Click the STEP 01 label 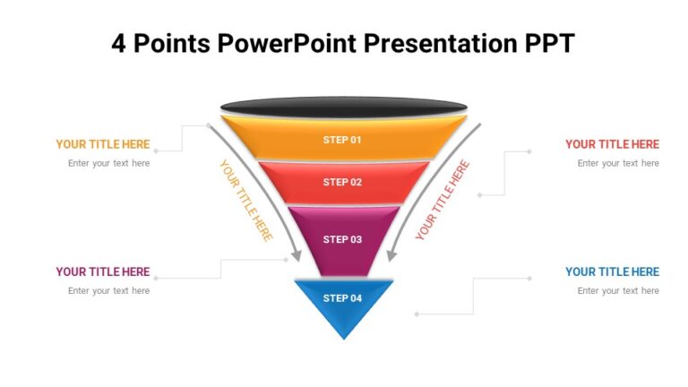pos(342,140)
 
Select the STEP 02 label pos(342,182)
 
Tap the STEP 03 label pos(342,239)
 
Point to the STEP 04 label pos(342,298)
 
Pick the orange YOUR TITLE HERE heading pos(103,144)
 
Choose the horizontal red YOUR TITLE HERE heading pos(612,144)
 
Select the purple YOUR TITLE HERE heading pos(103,272)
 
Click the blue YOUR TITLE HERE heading pos(612,272)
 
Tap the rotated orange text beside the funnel pos(245,201)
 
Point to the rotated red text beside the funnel pos(443,201)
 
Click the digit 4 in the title pos(119,43)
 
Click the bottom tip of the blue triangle pos(344,338)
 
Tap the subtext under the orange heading pos(108,163)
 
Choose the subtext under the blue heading pos(618,290)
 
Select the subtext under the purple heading pos(108,290)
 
